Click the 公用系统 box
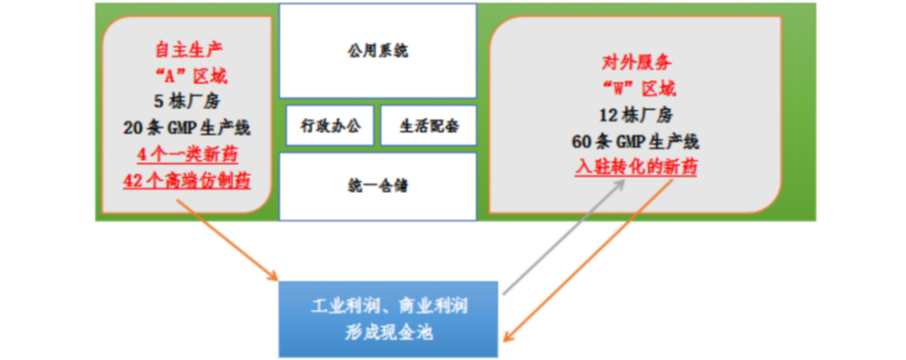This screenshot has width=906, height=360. (377, 51)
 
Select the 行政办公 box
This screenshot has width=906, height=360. (330, 127)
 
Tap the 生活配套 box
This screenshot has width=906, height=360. (428, 127)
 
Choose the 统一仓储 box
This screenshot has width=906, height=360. (377, 185)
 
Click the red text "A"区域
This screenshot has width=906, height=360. (190, 76)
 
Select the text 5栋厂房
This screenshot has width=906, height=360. (186, 102)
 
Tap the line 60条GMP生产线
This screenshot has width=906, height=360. (638, 141)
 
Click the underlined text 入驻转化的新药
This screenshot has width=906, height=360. (636, 167)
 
